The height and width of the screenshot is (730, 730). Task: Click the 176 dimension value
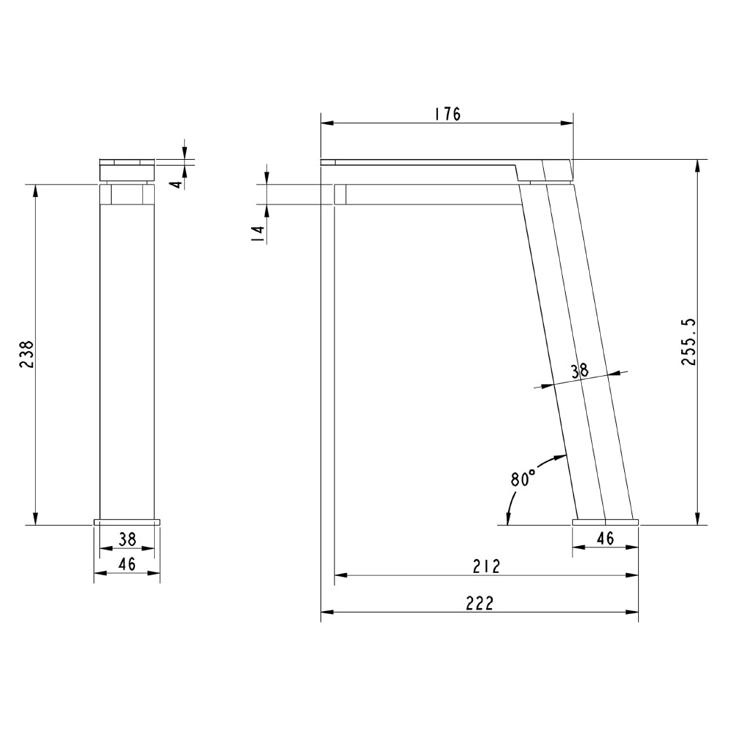tap(447, 114)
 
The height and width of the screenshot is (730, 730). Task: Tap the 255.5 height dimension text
tap(688, 342)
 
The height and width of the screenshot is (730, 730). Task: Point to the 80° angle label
tap(523, 480)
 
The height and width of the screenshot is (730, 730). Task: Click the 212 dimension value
tap(485, 566)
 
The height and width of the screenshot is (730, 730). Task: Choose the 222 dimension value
tap(480, 603)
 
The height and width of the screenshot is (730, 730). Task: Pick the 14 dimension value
tap(257, 234)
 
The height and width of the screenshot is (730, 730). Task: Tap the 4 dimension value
tap(175, 182)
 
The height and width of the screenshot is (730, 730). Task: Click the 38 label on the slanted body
tap(580, 371)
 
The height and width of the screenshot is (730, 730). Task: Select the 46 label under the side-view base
tap(605, 539)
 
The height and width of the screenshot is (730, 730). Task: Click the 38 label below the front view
tap(127, 539)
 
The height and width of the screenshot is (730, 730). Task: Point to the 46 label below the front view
tap(127, 563)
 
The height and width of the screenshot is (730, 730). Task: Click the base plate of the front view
tap(127, 521)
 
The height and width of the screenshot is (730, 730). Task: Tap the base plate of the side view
tap(605, 521)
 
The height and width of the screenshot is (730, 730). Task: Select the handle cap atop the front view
tap(127, 170)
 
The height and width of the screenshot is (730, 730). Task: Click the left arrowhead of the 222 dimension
tap(326, 612)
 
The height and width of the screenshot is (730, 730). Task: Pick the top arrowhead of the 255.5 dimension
tap(698, 164)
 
